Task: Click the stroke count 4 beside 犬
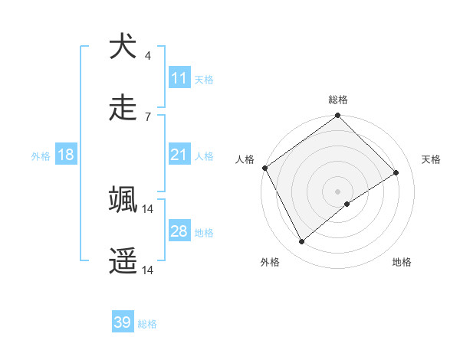click(x=147, y=55)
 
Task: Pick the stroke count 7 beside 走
click(x=147, y=116)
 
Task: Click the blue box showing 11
click(x=179, y=78)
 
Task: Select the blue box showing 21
click(x=179, y=155)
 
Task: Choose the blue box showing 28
click(x=179, y=231)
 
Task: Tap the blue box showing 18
click(x=66, y=155)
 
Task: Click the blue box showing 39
click(x=122, y=322)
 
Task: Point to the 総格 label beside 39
click(x=148, y=324)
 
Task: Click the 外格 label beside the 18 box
click(x=41, y=156)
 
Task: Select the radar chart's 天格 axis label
click(x=432, y=159)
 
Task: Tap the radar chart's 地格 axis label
click(x=402, y=262)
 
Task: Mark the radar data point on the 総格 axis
click(x=337, y=116)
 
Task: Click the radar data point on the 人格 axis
click(x=264, y=168)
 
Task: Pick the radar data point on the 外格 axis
click(x=301, y=242)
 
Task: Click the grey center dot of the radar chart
click(x=337, y=191)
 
